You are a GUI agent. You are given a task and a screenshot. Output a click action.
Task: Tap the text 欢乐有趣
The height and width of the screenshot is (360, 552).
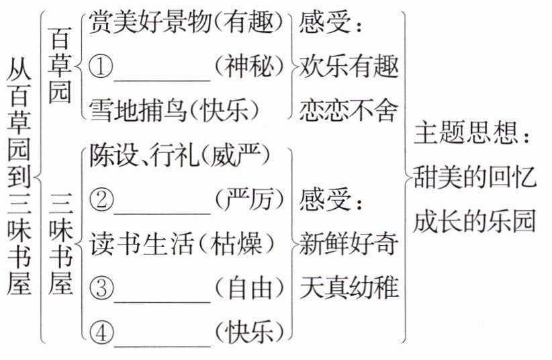pyautogui.click(x=349, y=67)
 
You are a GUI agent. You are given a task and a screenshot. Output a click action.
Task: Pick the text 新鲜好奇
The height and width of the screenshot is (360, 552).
pyautogui.click(x=349, y=244)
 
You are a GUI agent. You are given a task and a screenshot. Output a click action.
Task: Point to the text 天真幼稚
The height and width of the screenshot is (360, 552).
pyautogui.click(x=349, y=288)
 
